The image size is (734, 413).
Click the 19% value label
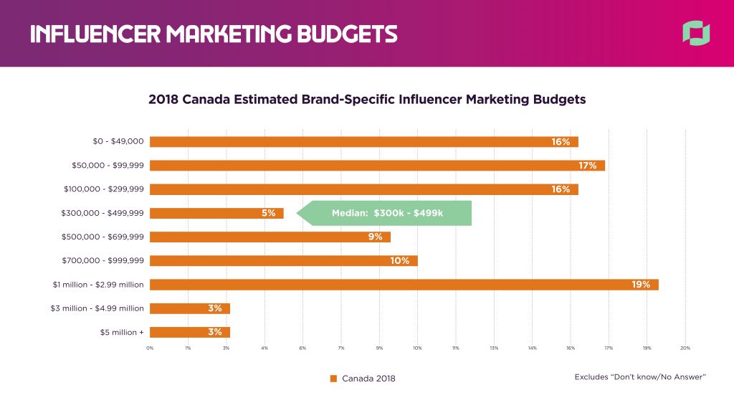click(641, 285)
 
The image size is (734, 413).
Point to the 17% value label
click(588, 166)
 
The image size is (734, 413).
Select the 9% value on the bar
click(376, 237)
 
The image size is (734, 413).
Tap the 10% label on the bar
click(400, 261)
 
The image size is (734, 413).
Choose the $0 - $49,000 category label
click(113, 142)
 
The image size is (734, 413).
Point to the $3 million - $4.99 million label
click(98, 308)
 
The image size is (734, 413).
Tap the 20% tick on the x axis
click(685, 348)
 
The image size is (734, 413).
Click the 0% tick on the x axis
click(150, 348)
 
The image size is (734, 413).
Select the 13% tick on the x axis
click(494, 348)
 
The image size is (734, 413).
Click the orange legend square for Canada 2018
click(333, 379)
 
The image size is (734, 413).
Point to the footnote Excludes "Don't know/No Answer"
click(641, 377)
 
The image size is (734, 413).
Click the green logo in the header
click(696, 33)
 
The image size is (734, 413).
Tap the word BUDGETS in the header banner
click(341, 34)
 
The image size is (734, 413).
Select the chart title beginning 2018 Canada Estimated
click(367, 100)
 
